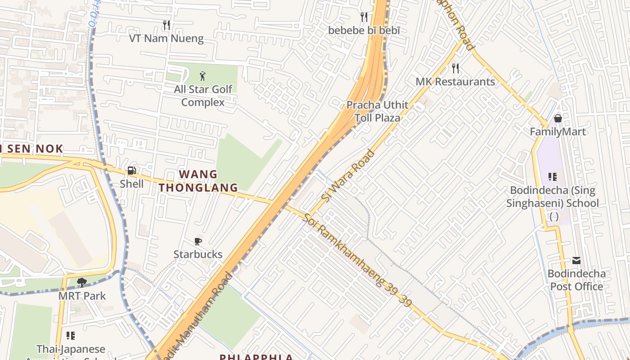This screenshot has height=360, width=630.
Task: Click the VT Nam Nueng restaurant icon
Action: [166, 25]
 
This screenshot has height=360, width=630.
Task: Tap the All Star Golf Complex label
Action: [203, 95]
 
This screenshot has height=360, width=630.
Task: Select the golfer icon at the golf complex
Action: [202, 76]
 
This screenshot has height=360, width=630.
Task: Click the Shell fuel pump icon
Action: [131, 171]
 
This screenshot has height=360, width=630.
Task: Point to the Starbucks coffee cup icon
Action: [198, 242]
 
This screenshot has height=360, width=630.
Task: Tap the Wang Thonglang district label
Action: [198, 181]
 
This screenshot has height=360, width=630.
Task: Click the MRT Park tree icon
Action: [81, 283]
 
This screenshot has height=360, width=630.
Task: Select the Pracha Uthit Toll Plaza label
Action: [377, 112]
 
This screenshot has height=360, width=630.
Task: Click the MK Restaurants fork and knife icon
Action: [455, 68]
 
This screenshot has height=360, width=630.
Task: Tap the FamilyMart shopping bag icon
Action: [558, 118]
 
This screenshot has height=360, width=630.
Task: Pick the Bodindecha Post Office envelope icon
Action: [576, 261]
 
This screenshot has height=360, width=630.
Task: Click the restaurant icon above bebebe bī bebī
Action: [364, 17]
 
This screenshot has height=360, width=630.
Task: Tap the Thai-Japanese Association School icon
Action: [70, 336]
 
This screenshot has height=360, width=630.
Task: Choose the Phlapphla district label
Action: [256, 357]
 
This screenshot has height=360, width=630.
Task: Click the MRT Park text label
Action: [82, 296]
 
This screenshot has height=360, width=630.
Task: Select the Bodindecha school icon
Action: [552, 177]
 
